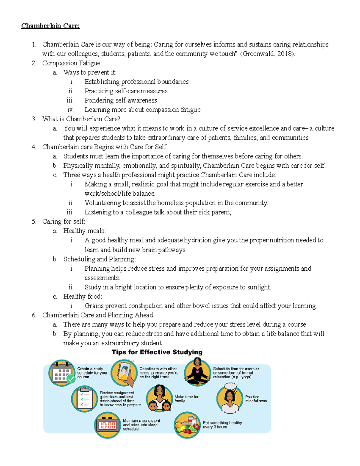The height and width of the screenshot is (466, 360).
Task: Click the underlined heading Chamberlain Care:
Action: tap(50, 26)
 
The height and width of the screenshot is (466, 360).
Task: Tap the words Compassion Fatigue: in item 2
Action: tap(72, 63)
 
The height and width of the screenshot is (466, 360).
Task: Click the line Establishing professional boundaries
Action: tap(136, 82)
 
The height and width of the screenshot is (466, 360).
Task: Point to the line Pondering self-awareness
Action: tap(121, 100)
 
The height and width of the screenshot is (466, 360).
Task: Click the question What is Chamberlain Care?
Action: tap(81, 119)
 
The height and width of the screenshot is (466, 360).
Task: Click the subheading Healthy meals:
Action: tap(84, 231)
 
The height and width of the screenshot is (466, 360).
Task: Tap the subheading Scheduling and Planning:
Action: tap(99, 259)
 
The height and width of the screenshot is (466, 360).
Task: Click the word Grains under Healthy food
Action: tap(94, 306)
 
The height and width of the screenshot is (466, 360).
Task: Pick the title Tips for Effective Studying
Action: tap(157, 352)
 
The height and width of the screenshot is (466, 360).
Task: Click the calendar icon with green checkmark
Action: tap(61, 373)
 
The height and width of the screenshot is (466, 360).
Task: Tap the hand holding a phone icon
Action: tap(124, 373)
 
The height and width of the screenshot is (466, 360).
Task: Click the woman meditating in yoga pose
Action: tap(197, 372)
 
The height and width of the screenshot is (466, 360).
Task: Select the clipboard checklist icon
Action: tap(84, 399)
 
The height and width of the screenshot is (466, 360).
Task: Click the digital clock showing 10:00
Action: tap(107, 425)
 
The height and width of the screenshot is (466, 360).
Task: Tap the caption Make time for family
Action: tap(186, 398)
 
